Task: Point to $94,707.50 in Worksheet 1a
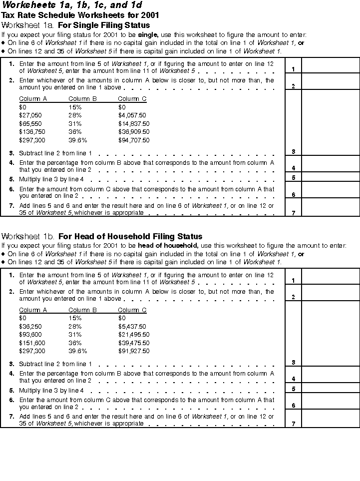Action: tap(133, 140)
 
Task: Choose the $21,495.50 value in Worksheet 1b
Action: tap(133, 335)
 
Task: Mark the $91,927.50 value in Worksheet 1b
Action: tap(133, 351)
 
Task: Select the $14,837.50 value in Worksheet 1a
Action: tap(133, 123)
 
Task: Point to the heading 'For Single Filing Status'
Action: tap(104, 25)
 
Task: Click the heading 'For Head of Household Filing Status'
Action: tap(130, 236)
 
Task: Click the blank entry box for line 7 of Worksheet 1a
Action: tap(331, 207)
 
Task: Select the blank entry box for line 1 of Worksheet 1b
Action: tap(331, 276)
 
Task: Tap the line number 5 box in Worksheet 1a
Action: tap(293, 177)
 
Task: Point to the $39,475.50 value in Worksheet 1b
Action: tap(133, 343)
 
